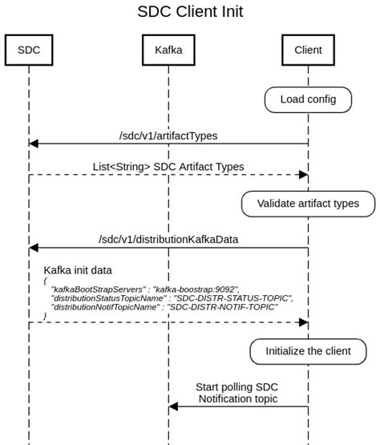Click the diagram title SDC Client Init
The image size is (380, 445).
point(190,12)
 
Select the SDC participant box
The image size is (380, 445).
point(28,50)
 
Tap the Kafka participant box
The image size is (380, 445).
point(168,50)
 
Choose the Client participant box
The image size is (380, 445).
point(308,50)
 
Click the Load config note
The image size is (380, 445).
point(308,99)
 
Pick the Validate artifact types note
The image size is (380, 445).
point(308,204)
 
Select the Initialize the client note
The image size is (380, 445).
point(308,351)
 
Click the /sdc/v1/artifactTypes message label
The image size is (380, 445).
point(168,136)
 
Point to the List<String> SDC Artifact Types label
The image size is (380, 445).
point(168,167)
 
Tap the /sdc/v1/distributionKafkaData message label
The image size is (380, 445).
point(168,239)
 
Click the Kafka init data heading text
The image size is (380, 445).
point(78,271)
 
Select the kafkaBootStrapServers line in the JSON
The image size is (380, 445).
point(145,288)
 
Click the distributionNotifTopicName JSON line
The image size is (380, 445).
point(164,307)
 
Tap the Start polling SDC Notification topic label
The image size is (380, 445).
point(238,393)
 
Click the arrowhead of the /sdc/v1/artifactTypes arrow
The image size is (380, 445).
point(34,144)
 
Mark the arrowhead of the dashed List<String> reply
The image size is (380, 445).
point(303,175)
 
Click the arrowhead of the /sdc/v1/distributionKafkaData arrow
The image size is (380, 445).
point(34,248)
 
